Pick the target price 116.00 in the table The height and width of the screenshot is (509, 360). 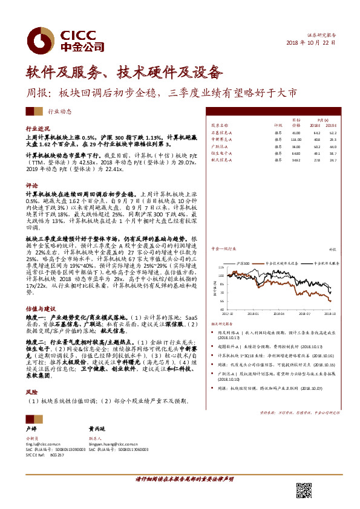[x=296, y=138]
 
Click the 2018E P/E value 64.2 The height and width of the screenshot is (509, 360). [x=316, y=131]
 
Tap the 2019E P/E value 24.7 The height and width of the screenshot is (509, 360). [x=333, y=160]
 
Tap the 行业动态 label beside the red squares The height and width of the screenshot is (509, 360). [x=59, y=112]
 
